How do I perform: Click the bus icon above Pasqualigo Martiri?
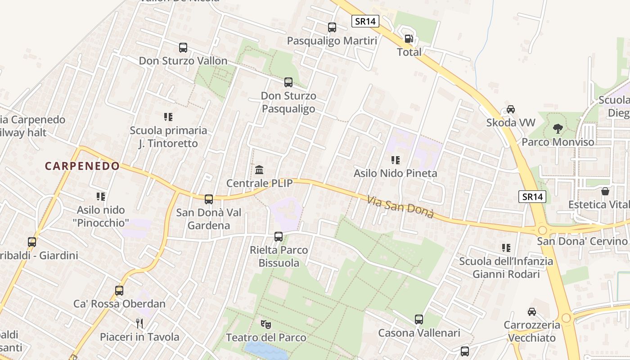click(x=332, y=27)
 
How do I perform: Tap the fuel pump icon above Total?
click(x=409, y=39)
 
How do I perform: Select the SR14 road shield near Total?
click(x=365, y=21)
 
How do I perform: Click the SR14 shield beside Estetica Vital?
click(x=532, y=197)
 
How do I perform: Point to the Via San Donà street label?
click(x=400, y=207)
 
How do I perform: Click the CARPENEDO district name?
click(x=82, y=166)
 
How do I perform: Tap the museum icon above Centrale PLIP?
click(x=259, y=170)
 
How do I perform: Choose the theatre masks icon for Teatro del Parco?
click(x=266, y=324)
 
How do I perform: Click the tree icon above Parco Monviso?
click(x=558, y=129)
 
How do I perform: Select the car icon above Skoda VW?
click(x=511, y=109)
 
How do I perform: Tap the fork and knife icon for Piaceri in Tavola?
click(x=139, y=323)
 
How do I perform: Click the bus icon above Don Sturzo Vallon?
click(x=183, y=47)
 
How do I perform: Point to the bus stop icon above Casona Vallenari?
click(x=419, y=319)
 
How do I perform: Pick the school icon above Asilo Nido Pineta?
click(x=396, y=160)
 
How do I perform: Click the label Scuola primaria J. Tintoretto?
click(x=168, y=137)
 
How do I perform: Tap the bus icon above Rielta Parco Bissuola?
click(x=279, y=237)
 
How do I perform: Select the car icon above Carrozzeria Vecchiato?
click(x=532, y=311)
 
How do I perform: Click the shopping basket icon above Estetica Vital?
click(x=606, y=191)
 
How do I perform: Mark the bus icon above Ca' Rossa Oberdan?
click(x=119, y=290)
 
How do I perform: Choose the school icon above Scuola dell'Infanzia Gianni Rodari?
click(x=506, y=247)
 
